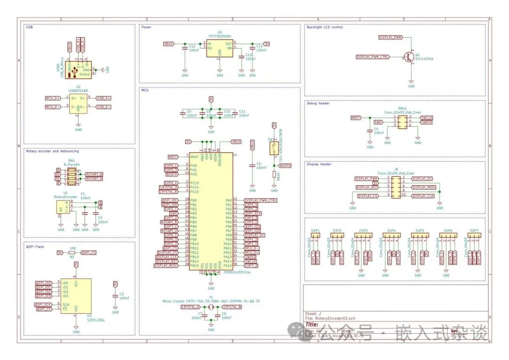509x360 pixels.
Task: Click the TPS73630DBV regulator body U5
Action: click(220, 49)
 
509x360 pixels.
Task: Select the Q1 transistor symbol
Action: click(408, 57)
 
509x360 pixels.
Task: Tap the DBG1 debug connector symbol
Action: click(402, 122)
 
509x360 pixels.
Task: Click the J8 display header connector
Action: click(396, 187)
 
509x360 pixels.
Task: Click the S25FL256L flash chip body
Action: click(76, 295)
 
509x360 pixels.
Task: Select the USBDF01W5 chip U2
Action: click(78, 103)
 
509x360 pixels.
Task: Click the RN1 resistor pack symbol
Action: click(71, 177)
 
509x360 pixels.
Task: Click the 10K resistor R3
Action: click(72, 253)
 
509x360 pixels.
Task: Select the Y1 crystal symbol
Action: click(211, 307)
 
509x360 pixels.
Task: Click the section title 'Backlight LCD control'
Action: click(325, 27)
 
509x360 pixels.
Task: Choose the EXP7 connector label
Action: click(474, 231)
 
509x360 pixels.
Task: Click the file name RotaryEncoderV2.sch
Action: click(335, 319)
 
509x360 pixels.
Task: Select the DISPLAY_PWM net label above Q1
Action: click(391, 37)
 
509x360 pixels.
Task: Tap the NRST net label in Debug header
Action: click(356, 118)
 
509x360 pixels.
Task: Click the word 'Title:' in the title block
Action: click(312, 325)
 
